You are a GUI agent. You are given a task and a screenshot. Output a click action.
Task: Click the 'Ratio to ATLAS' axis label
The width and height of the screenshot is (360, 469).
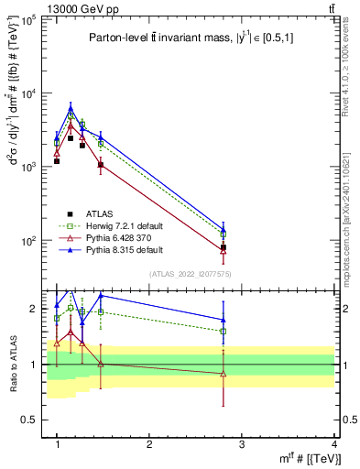pyautogui.click(x=12, y=364)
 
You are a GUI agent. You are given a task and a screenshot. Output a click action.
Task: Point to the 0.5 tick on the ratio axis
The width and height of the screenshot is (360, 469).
pyautogui.click(x=31, y=420)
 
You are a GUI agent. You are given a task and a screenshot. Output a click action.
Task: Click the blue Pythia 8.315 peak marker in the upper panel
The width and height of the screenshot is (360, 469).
pyautogui.click(x=71, y=108)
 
